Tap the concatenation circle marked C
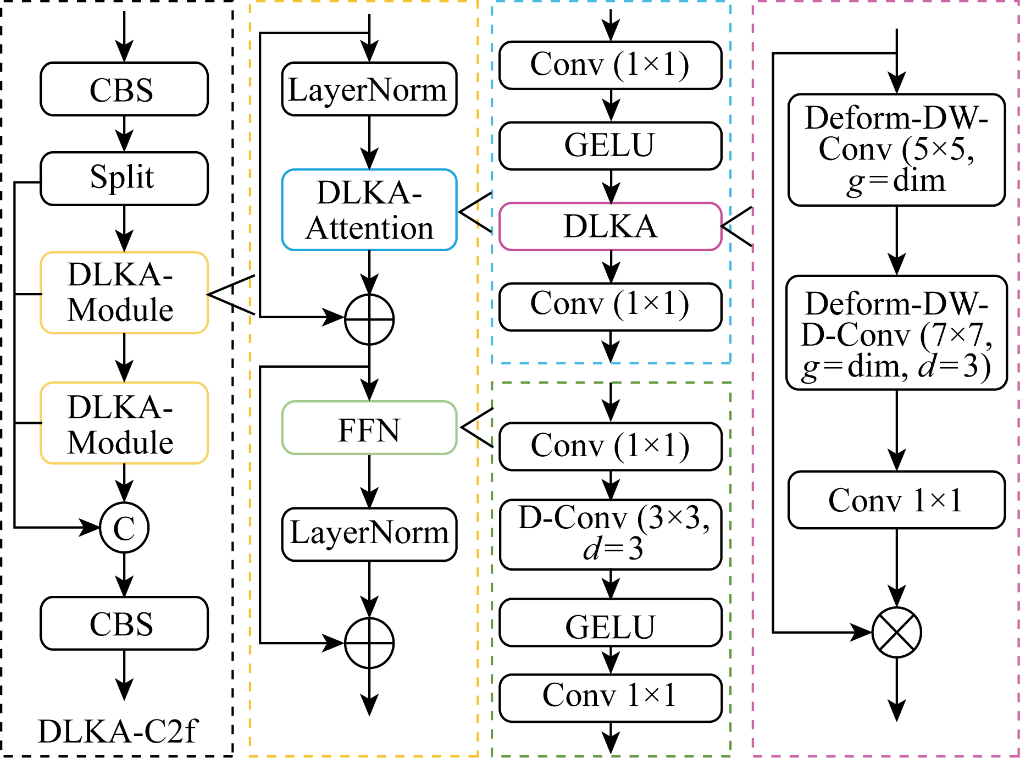124,528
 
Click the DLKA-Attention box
369,210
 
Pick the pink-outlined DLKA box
610,226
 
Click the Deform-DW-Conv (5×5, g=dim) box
896,150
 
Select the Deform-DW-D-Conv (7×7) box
896,333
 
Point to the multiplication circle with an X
896,633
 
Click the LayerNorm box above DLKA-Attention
369,89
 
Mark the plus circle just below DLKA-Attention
369,319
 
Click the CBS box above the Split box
124,89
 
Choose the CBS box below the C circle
124,623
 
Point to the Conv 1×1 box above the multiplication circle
896,500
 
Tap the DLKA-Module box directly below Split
124,293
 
